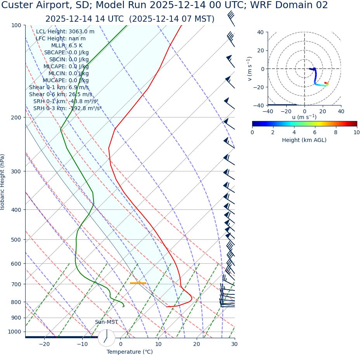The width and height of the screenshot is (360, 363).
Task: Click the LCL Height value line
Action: [65, 31]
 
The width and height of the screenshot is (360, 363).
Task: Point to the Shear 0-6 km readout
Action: [61, 94]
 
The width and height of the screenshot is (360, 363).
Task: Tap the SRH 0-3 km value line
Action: [67, 108]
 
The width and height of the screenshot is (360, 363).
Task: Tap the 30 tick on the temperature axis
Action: [234, 344]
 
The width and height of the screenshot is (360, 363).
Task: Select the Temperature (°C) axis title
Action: [130, 352]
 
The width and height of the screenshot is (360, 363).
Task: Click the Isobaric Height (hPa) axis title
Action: [3, 182]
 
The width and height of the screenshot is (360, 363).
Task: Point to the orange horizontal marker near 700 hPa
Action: [138, 283]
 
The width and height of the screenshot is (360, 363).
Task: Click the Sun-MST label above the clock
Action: [106, 322]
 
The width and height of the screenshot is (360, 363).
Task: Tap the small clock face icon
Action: [107, 338]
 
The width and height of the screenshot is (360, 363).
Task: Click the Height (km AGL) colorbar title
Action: [304, 140]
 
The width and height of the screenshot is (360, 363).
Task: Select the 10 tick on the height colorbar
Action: [356, 132]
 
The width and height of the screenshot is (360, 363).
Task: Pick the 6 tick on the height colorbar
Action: [315, 132]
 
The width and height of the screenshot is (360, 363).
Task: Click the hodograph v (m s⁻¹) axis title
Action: [250, 69]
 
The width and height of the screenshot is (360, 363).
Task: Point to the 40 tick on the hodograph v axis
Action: [261, 32]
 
